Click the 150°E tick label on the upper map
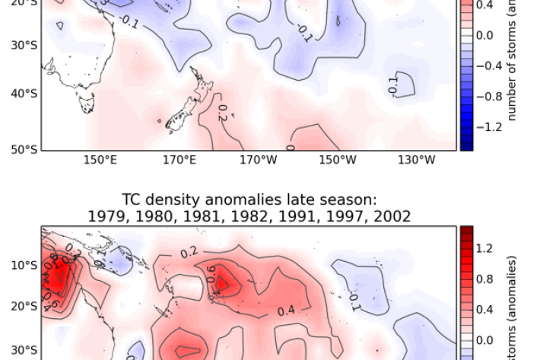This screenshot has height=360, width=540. click(x=100, y=161)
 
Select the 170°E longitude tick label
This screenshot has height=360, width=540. click(x=179, y=161)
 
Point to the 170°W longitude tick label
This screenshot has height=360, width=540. click(x=258, y=161)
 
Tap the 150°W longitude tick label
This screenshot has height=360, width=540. click(x=337, y=161)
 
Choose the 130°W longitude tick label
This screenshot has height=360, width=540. click(x=416, y=161)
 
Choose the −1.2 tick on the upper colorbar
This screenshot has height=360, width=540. click(x=494, y=127)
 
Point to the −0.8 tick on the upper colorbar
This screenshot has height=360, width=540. click(x=494, y=97)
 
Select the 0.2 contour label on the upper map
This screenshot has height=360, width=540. click(x=222, y=113)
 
